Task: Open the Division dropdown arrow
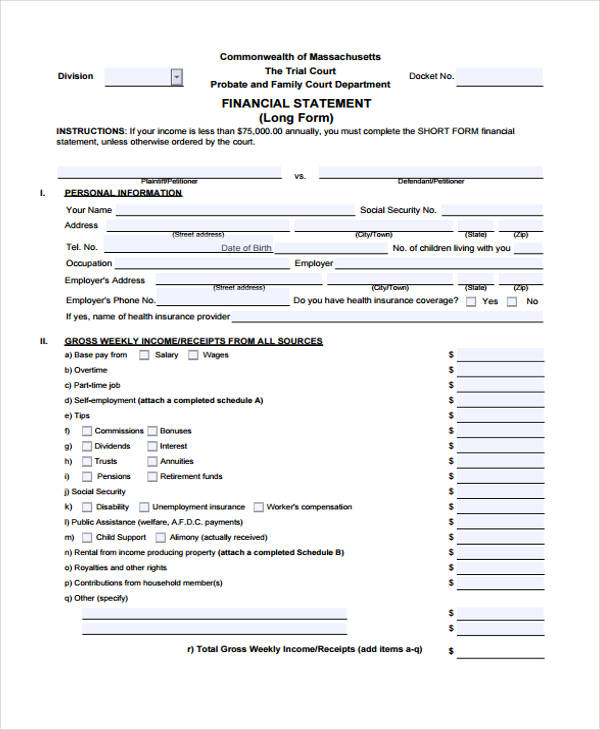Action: (177, 76)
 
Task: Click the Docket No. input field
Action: (501, 76)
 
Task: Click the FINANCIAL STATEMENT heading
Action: (296, 103)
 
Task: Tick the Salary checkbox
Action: (144, 355)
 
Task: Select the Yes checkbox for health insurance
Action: (470, 301)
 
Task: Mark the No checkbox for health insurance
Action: (512, 301)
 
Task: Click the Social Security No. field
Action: (492, 211)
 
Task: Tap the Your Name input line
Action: (235, 211)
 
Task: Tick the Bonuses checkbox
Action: (152, 431)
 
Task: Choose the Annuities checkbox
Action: (152, 462)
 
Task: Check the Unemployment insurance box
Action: (144, 508)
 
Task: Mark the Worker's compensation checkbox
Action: (259, 508)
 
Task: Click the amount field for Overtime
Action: (500, 370)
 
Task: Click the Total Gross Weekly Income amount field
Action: (500, 650)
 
